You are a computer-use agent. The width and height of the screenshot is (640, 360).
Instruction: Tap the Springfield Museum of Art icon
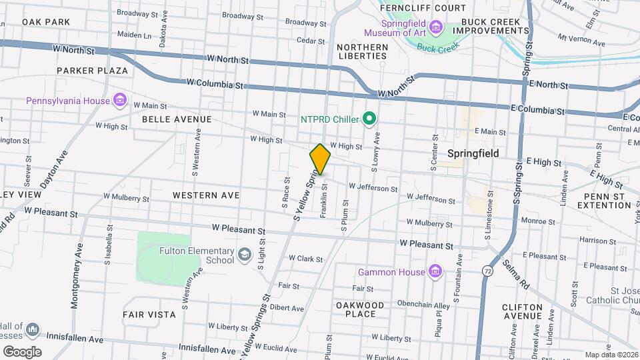pyautogui.click(x=436, y=27)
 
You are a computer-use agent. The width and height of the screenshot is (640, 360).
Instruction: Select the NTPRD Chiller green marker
pyautogui.click(x=369, y=119)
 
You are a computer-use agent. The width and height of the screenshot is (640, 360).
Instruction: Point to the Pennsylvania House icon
pyautogui.click(x=120, y=101)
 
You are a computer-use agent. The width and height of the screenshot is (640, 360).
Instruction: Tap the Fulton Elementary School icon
pyautogui.click(x=245, y=255)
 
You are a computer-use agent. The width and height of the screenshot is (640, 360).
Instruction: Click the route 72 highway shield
pyautogui.click(x=488, y=271)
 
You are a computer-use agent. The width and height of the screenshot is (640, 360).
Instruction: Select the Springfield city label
pyautogui.click(x=473, y=153)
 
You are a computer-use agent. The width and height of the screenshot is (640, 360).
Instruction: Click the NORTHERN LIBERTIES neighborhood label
pyautogui.click(x=362, y=51)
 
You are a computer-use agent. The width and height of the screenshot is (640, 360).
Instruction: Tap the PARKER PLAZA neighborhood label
pyautogui.click(x=92, y=70)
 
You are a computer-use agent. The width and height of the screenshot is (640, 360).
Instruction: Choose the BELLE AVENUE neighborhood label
pyautogui.click(x=177, y=119)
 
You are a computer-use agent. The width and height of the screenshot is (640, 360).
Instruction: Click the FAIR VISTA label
pyautogui.click(x=149, y=314)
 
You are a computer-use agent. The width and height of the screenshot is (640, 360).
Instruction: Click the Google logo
pyautogui.click(x=22, y=351)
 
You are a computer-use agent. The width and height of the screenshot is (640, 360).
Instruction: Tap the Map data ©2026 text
pyautogui.click(x=611, y=355)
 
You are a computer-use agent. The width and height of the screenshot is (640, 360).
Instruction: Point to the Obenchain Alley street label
pyautogui.click(x=406, y=303)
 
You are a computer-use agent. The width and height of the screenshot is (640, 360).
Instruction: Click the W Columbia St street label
pyautogui.click(x=215, y=83)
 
